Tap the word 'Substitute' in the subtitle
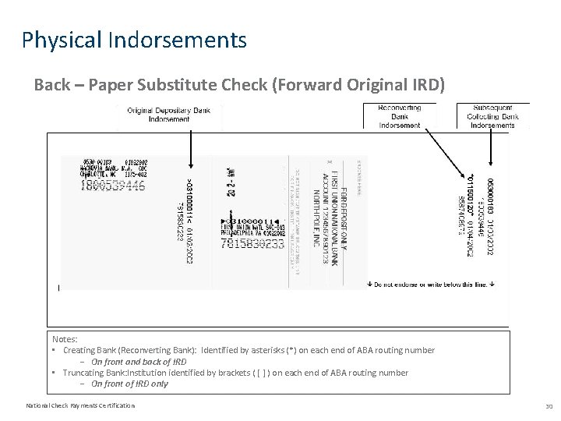174,84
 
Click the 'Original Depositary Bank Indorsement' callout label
168,115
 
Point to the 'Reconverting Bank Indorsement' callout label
399,116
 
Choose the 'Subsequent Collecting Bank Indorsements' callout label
492,116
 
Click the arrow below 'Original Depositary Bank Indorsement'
189,152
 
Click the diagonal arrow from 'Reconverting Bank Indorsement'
444,152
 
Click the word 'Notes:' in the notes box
65,339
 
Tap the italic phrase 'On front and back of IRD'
139,362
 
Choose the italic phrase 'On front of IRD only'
129,384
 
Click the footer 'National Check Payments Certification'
80,405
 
